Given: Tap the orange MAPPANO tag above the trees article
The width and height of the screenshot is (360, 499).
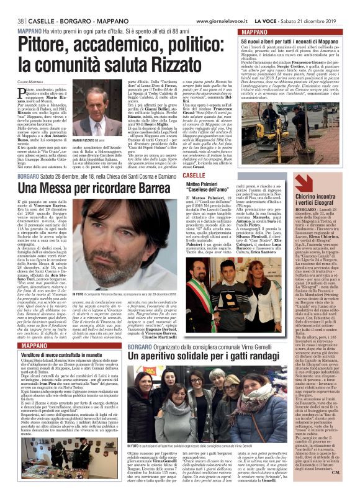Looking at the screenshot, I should tap(257, 30).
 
